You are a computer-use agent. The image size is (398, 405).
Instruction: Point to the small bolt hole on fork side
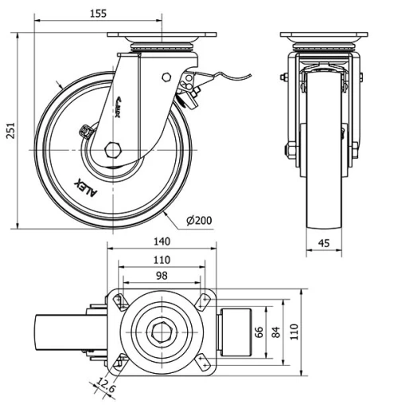click(166, 77)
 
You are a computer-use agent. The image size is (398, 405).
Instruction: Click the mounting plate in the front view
click(323, 37)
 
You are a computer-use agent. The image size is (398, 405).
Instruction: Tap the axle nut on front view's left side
click(289, 149)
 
